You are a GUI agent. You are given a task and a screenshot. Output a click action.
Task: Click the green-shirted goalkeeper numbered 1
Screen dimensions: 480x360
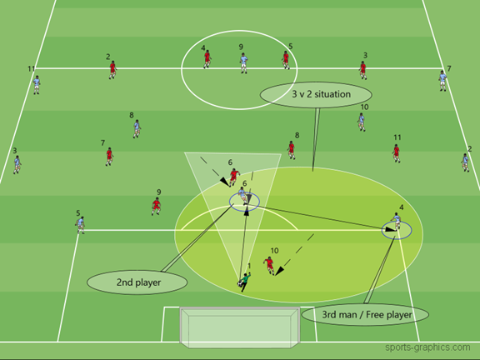245,282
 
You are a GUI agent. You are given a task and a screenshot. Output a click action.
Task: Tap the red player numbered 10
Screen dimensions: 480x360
269,265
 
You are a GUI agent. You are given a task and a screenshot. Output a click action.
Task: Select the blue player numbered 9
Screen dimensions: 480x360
243,63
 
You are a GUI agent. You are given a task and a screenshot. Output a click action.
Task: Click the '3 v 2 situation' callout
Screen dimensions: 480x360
316,95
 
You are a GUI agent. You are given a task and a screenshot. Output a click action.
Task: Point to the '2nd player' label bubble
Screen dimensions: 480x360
137,282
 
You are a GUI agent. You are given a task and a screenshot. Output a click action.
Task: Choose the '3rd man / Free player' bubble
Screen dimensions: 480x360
365,314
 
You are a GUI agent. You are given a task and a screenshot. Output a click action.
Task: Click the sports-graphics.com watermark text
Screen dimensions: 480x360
427,347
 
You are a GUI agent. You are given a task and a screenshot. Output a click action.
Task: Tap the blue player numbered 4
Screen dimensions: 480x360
396,222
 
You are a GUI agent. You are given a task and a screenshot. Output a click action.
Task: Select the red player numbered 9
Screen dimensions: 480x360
157,206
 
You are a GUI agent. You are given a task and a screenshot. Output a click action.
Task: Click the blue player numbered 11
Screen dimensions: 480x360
37,85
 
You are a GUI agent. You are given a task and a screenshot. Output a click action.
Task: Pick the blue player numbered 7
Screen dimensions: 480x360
442,81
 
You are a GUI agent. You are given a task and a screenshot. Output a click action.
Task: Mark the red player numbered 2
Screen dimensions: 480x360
112,70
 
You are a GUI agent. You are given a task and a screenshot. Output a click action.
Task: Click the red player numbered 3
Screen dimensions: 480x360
363,70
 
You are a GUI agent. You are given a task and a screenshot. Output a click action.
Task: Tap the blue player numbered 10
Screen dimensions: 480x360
362,122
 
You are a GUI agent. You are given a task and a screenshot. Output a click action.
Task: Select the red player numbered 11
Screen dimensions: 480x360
396,153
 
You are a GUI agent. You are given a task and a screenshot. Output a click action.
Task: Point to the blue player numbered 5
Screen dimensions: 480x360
80,225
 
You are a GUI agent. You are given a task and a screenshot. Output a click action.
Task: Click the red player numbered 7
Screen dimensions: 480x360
109,157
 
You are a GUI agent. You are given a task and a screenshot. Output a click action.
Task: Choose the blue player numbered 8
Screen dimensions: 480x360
137,129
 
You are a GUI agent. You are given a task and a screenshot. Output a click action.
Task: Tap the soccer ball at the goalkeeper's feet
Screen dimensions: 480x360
239,284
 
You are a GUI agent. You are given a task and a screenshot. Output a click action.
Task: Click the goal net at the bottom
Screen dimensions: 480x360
240,327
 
